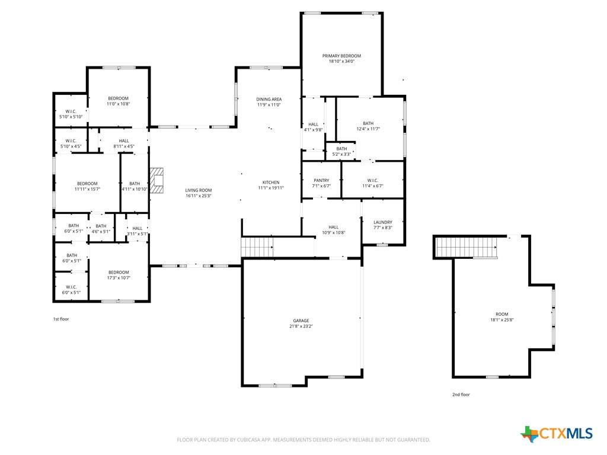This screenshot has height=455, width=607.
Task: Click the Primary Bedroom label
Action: (x=341, y=56)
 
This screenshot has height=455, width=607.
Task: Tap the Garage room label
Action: (x=301, y=321)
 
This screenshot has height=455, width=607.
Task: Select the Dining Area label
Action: (x=269, y=100)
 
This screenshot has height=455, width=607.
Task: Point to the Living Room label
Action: (x=198, y=190)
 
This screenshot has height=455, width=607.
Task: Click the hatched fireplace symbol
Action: (x=156, y=181)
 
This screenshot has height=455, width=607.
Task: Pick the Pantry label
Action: (x=321, y=181)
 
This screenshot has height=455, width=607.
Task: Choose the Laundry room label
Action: (x=383, y=223)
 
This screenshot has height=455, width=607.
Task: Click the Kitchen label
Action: (x=271, y=182)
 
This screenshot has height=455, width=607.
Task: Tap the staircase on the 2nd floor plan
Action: (x=467, y=248)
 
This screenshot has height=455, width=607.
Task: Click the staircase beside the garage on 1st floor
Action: (x=257, y=247)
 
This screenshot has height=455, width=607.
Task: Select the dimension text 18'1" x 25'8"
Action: (x=501, y=320)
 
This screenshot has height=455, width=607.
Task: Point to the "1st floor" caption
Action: (x=61, y=319)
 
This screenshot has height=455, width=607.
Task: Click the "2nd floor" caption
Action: (x=461, y=395)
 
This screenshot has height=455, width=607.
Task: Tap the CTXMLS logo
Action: (x=557, y=434)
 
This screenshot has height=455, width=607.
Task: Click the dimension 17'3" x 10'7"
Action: (x=119, y=278)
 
